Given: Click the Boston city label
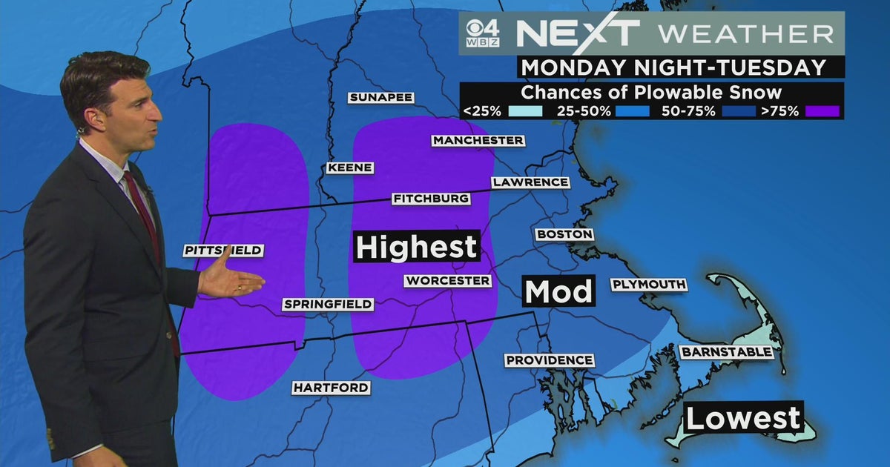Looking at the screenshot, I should click(x=564, y=234).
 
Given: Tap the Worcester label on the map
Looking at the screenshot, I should click(x=447, y=281).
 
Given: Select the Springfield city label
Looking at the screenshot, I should click(x=327, y=304).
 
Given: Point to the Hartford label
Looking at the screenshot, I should click(x=331, y=388).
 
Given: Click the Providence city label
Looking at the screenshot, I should click(x=550, y=360).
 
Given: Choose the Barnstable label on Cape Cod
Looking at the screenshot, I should click(x=727, y=352).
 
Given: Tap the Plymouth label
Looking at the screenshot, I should click(x=649, y=285).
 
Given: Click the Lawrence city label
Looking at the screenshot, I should click(x=530, y=182).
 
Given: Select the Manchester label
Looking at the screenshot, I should click(x=478, y=140).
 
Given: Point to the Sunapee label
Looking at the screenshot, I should click(x=380, y=97).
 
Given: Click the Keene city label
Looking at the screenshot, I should click(x=349, y=168).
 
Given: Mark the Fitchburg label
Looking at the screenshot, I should click(x=431, y=199).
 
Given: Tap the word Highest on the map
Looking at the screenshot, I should click(x=417, y=247).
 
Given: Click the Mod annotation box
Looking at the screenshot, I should click(x=559, y=291).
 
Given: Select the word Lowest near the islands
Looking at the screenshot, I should click(x=742, y=419).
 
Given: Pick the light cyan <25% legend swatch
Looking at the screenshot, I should click(x=527, y=112).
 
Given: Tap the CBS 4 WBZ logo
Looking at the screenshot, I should click(x=482, y=34).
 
